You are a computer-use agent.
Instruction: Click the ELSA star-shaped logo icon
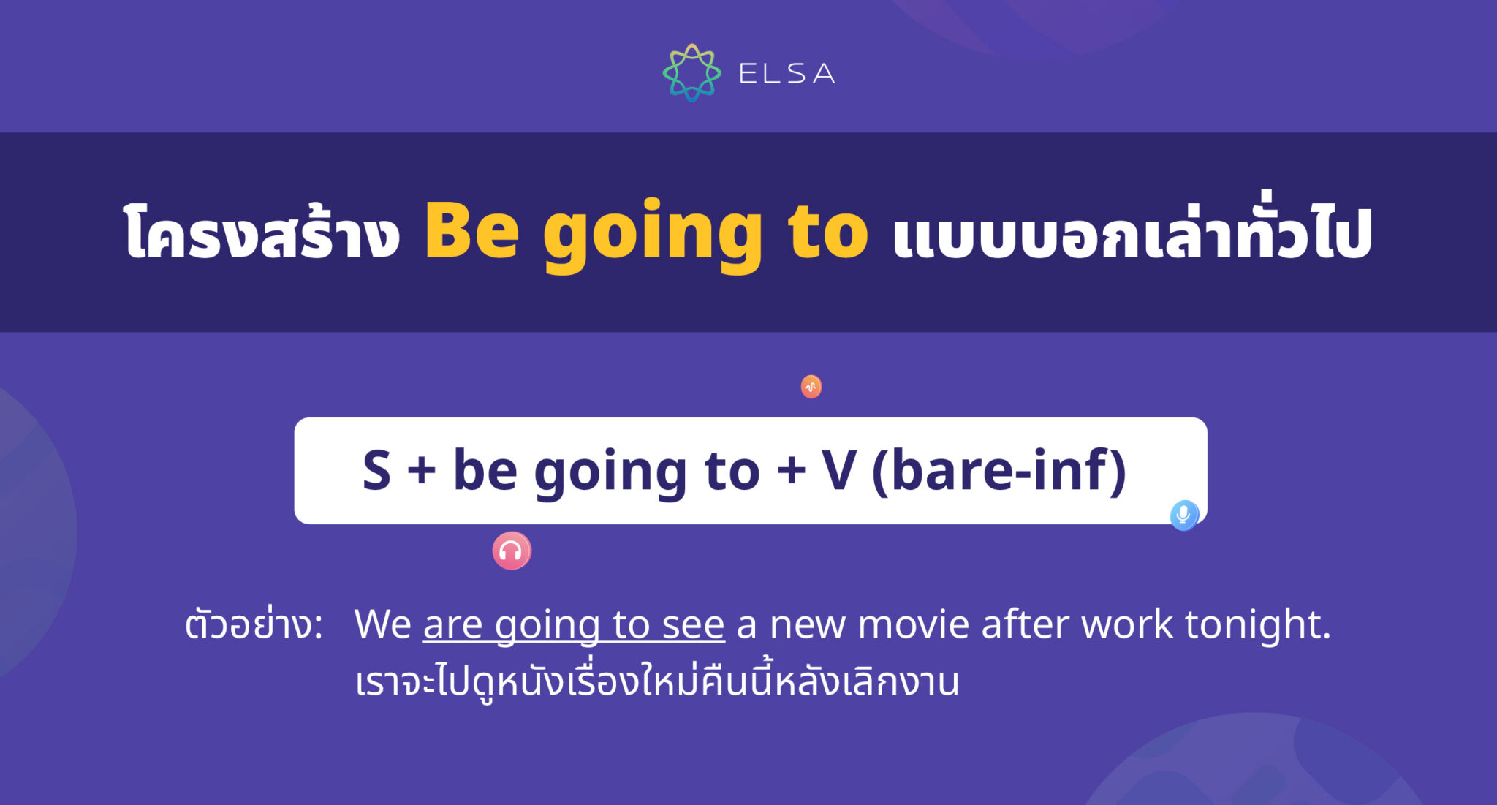tap(691, 72)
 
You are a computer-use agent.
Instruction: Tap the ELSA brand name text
tap(787, 73)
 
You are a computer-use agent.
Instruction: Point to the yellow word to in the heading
tap(827, 233)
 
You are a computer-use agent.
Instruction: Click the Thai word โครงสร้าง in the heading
tap(262, 233)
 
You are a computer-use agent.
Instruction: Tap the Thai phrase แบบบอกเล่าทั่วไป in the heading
tap(1132, 233)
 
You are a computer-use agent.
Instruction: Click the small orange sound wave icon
tap(811, 387)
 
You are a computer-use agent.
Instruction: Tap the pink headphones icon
tap(511, 551)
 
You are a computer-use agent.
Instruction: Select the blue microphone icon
tap(1184, 515)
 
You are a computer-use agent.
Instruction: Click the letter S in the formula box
tap(376, 471)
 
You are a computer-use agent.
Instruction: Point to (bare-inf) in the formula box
tap(999, 471)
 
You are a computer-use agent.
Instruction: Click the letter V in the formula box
tap(838, 471)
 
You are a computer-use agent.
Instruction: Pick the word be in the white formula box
tap(485, 471)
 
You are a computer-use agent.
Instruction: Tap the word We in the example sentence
tap(383, 625)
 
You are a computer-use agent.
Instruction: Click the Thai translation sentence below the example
tap(656, 681)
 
